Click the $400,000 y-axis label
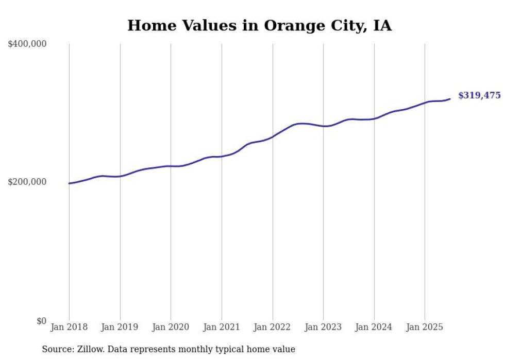pos(27,44)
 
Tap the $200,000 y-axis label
pos(27,182)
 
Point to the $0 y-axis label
pos(41,321)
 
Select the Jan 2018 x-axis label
pos(69,327)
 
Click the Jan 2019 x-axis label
pos(120,327)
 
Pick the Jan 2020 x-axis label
pos(171,327)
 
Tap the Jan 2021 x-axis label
pos(222,327)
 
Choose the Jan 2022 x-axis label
pos(272,327)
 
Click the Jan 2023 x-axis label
pos(323,327)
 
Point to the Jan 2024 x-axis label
pos(374,327)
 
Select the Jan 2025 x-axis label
pos(425,327)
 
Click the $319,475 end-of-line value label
pos(479,95)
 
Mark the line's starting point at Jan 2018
pos(69,183)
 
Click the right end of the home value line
pos(450,99)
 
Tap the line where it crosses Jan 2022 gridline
pos(273,136)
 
